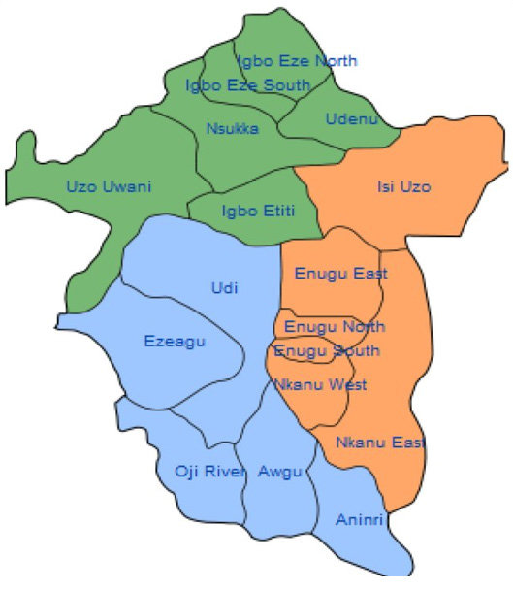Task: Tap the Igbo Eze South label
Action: (248, 85)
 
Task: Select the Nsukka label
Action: (233, 128)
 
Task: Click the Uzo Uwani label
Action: (109, 186)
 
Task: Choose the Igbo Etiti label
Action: (257, 210)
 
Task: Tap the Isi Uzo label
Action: (403, 185)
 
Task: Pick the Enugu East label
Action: (340, 274)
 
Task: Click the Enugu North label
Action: (334, 326)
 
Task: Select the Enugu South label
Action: (327, 350)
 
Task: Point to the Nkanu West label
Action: (320, 385)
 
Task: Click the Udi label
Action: (224, 287)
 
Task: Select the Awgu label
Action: (280, 472)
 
